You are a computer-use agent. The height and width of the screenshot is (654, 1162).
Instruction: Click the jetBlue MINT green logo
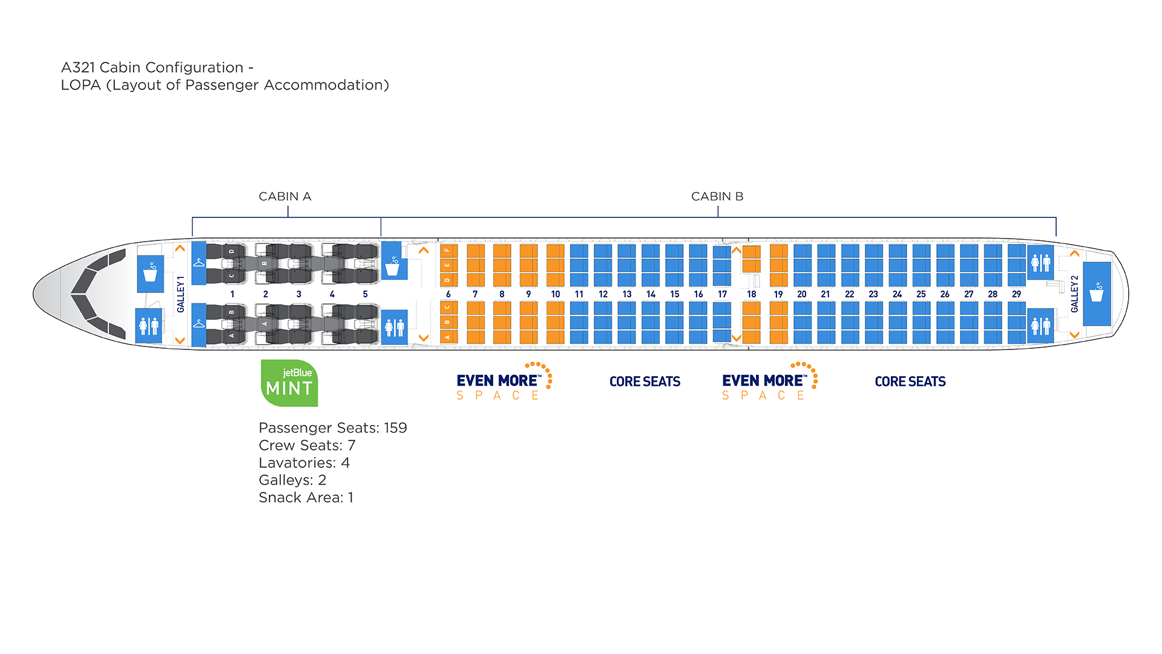point(289,383)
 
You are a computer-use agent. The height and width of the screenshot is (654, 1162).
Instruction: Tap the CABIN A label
point(284,197)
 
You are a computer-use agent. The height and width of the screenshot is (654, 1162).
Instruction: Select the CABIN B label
point(717,197)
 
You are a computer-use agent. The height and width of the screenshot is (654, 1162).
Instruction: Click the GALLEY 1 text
point(180,294)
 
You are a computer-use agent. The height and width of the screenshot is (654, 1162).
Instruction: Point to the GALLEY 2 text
point(1074,294)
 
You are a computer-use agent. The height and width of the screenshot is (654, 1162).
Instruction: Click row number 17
point(722,294)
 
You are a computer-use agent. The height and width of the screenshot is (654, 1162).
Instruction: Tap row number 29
point(1016,294)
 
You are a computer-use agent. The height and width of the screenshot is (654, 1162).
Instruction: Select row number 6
point(448,294)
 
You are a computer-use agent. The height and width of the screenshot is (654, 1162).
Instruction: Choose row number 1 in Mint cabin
point(232,294)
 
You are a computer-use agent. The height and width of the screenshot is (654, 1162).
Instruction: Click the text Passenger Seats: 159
point(332,428)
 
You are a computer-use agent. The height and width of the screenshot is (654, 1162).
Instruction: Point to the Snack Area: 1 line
point(306,498)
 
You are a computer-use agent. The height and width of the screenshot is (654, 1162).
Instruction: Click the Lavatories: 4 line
point(304,463)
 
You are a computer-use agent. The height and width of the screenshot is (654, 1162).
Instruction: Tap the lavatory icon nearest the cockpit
point(148,326)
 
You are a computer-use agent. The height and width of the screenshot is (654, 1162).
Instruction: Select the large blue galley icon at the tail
point(1097,294)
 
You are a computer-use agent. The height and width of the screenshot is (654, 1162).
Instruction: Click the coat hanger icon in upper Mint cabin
point(199,263)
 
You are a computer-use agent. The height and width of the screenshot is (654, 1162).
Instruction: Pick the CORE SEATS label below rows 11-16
point(645,382)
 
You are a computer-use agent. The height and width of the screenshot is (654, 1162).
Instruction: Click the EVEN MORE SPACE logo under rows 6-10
point(502,382)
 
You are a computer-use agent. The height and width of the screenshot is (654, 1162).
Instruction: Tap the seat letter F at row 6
point(447,249)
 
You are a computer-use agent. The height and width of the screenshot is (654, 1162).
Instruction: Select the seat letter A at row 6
point(447,337)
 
